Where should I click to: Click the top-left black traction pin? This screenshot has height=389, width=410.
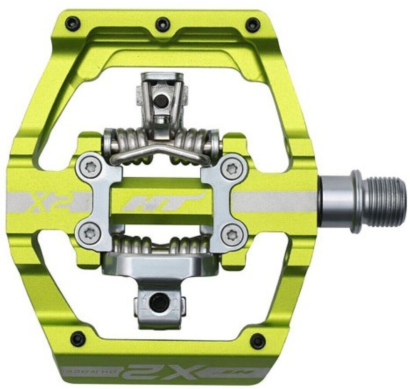(72, 23)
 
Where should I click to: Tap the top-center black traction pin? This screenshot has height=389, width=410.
(162, 24)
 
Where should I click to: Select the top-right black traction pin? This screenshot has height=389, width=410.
(253, 24)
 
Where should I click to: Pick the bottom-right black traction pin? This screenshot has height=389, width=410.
(257, 340)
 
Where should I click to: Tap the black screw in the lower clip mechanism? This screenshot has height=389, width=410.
(159, 303)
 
